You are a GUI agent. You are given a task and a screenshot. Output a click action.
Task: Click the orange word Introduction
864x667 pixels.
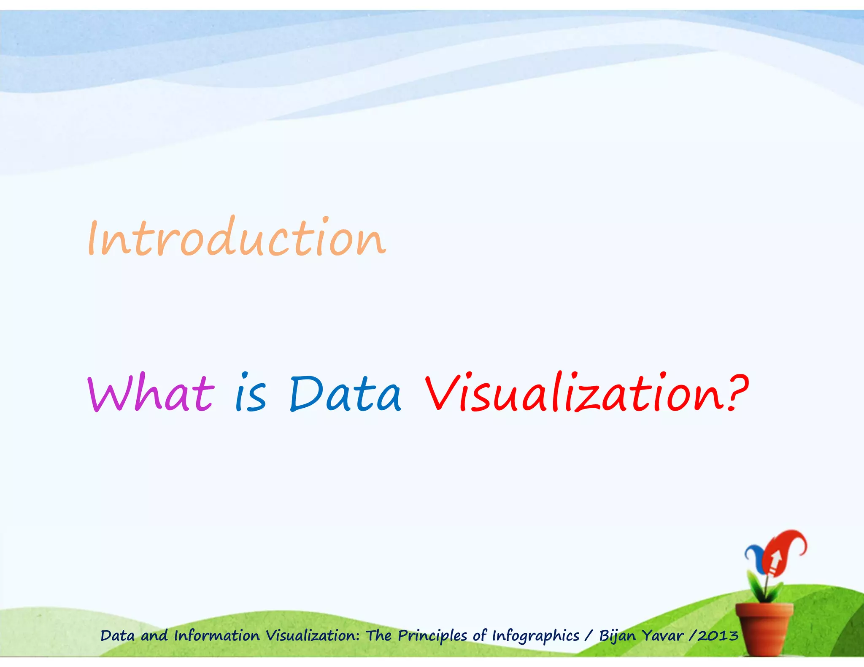click(236, 238)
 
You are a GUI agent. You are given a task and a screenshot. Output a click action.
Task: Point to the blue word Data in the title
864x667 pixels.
click(345, 394)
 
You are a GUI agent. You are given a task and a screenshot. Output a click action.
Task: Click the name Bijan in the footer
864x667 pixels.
click(617, 636)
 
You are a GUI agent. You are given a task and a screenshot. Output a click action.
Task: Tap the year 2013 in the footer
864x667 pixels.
click(718, 635)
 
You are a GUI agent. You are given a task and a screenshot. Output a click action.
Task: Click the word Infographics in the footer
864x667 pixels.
click(536, 636)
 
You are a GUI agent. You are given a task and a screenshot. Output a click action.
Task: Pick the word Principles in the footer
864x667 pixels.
click(433, 636)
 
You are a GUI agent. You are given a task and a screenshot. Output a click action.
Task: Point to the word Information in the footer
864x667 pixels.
click(217, 635)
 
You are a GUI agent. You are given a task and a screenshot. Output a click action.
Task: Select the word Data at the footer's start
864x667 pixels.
click(117, 635)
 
